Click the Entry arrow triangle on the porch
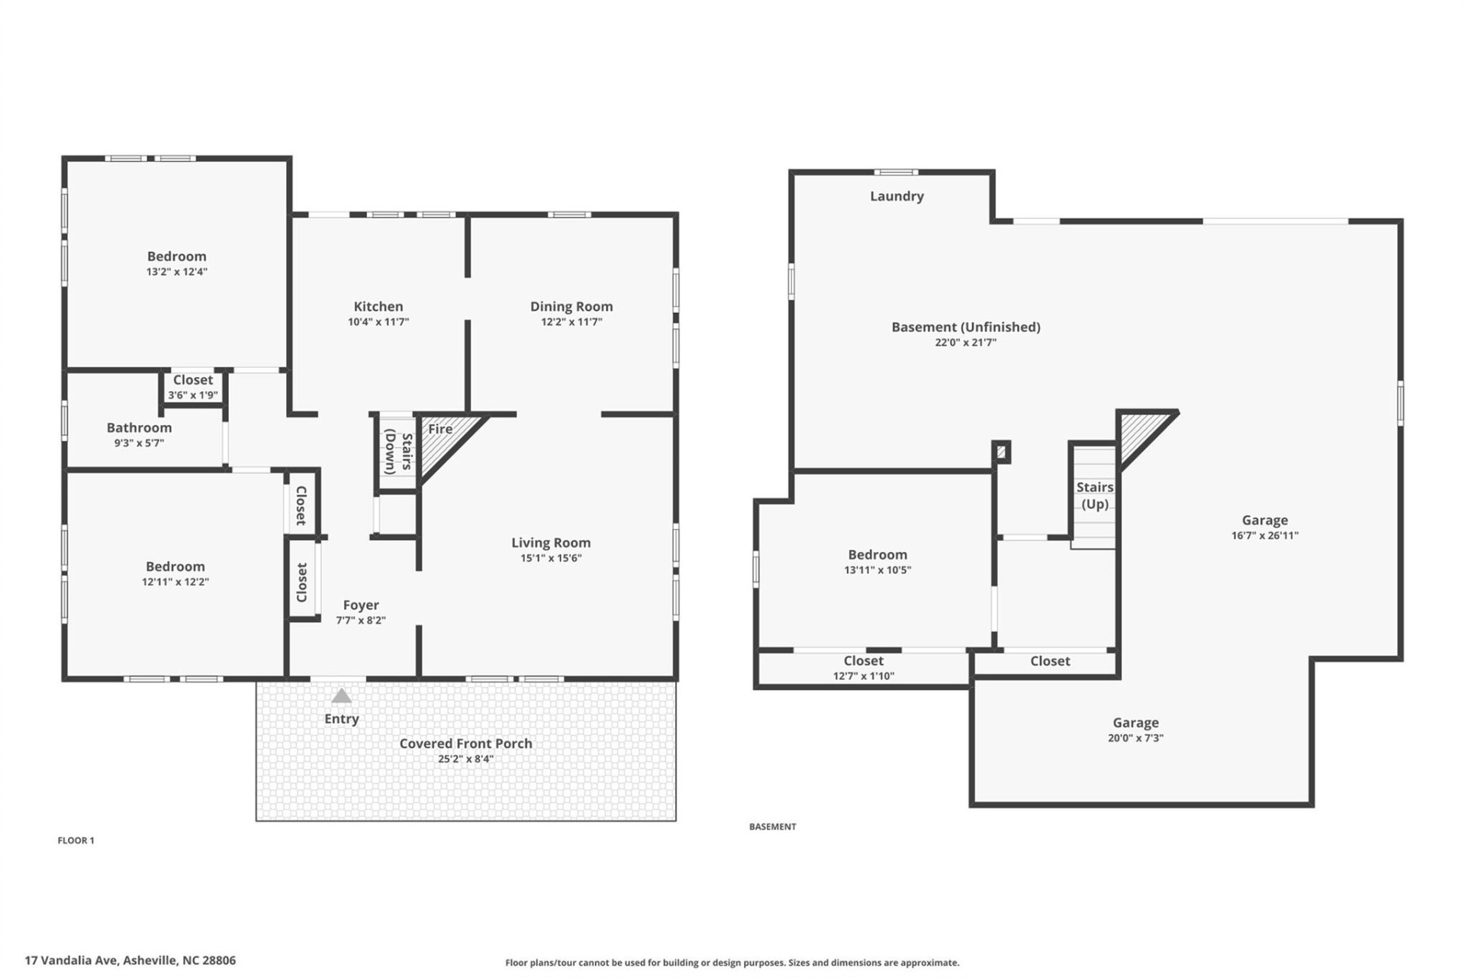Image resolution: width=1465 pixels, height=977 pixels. click(x=341, y=696)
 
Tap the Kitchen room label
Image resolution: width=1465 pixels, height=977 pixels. click(x=378, y=306)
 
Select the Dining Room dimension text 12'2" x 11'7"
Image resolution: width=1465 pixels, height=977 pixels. click(x=572, y=322)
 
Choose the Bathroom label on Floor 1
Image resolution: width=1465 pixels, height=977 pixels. click(x=139, y=427)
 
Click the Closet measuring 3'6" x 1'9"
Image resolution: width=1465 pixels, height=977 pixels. click(x=193, y=387)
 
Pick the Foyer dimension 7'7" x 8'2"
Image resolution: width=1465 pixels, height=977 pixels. click(x=361, y=621)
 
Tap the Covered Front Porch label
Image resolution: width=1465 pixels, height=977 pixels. click(x=465, y=743)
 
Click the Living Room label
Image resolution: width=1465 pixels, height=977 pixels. click(x=551, y=543)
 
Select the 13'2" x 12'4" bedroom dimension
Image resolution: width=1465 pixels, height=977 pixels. click(x=177, y=272)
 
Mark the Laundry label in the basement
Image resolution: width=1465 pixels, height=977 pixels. click(x=897, y=196)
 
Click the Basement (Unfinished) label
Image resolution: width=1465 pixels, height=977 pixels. click(x=966, y=327)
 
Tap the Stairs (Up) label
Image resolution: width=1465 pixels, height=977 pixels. click(x=1094, y=495)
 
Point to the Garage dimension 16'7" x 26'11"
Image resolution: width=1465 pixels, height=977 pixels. click(x=1264, y=536)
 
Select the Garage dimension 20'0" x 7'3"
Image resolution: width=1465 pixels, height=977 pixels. click(x=1135, y=738)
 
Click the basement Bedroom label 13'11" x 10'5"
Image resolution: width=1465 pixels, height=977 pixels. click(x=877, y=555)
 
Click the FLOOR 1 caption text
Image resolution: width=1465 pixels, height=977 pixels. click(x=76, y=840)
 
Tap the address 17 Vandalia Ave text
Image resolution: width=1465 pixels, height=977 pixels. click(x=130, y=960)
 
